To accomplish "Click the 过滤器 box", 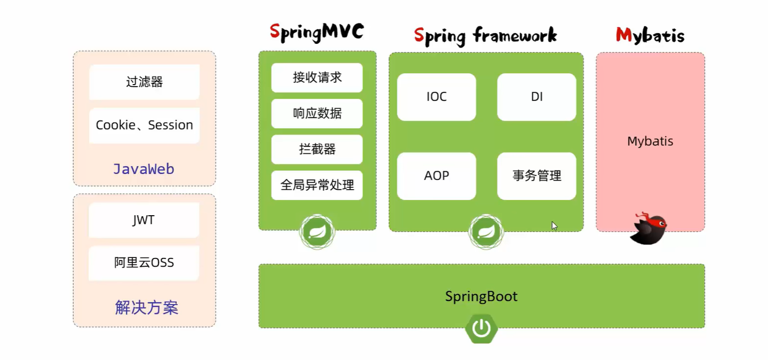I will click(144, 82).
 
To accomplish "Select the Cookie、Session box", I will click(144, 125).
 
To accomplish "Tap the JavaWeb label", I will click(144, 169).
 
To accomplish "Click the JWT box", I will click(144, 220).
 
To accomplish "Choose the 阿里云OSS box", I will click(144, 263).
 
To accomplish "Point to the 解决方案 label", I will click(146, 307).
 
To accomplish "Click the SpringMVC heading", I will click(317, 32).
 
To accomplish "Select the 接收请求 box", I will click(317, 78).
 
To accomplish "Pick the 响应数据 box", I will click(317, 113).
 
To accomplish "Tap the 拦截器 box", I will click(317, 149).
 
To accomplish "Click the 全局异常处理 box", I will click(317, 185).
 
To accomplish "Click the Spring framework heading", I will click(485, 36).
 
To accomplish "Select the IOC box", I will click(437, 97).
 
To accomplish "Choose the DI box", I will click(536, 97).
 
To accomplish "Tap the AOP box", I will click(437, 176).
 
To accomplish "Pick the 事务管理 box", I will click(536, 176).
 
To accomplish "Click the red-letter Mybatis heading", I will click(650, 35).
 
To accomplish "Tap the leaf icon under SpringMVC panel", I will click(317, 232).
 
